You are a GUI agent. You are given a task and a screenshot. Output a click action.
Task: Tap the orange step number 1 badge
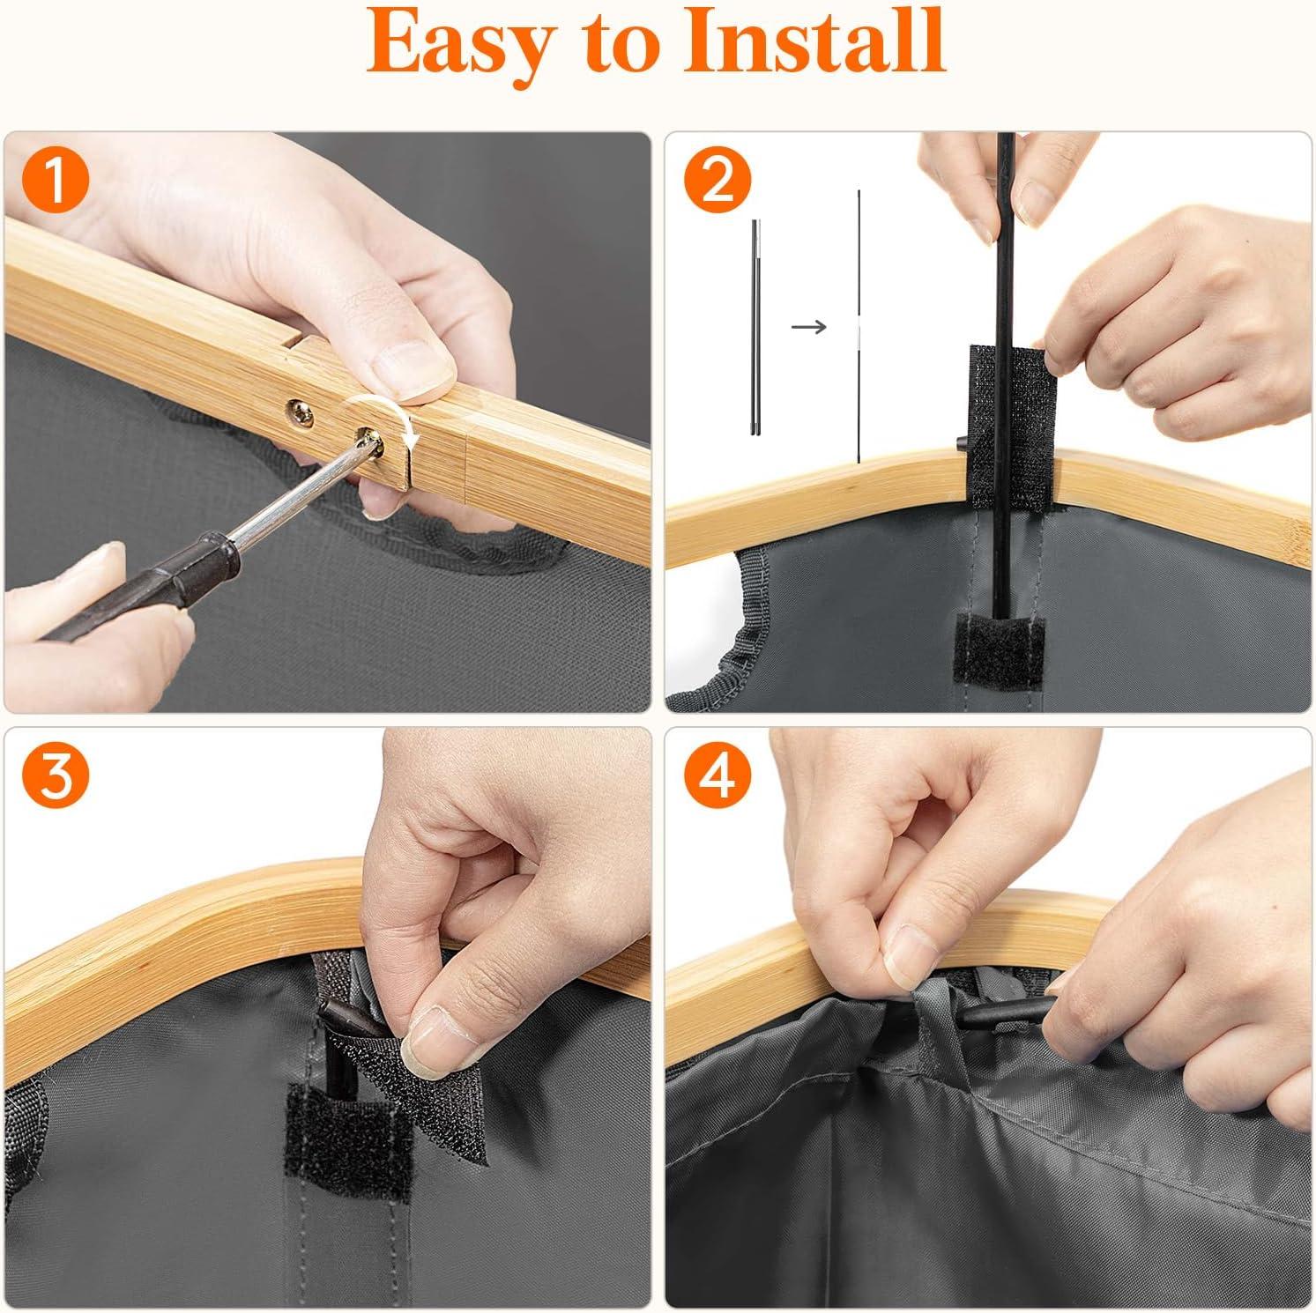[x=55, y=182]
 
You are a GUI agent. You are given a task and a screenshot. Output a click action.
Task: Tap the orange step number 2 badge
[x=717, y=182]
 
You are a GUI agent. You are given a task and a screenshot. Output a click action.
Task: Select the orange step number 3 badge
[x=55, y=777]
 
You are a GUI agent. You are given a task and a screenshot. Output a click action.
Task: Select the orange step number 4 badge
[x=717, y=777]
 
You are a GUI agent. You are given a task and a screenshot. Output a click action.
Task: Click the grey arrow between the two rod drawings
[x=809, y=327]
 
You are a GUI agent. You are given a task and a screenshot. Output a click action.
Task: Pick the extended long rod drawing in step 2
[x=859, y=325]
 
